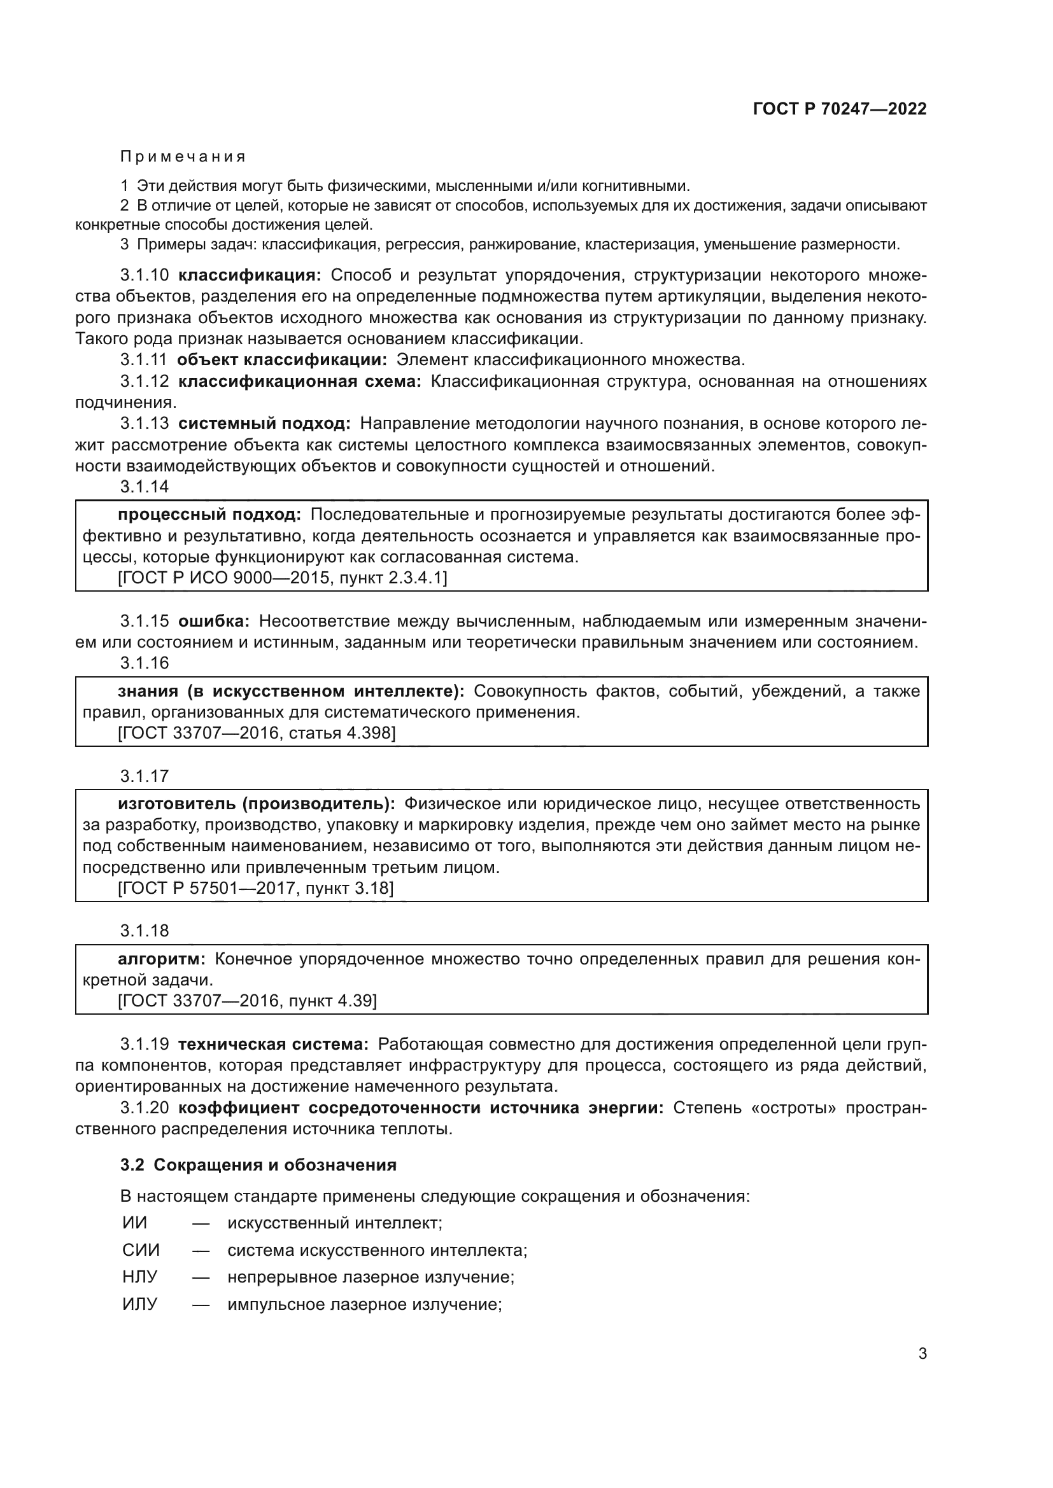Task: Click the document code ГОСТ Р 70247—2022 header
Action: [x=840, y=109]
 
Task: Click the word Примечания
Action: [x=183, y=157]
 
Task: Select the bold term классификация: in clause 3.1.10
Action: [x=250, y=275]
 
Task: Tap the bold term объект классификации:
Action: [x=282, y=359]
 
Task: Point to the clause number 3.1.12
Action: [x=145, y=381]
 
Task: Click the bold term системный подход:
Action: [x=265, y=424]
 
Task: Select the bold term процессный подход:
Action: [x=209, y=515]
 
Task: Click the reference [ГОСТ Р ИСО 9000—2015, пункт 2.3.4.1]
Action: [x=283, y=578]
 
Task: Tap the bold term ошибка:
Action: [x=214, y=622]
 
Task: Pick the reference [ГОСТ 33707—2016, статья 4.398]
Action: [x=257, y=733]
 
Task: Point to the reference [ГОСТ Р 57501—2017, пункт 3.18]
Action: [x=255, y=889]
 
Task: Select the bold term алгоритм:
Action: [x=162, y=959]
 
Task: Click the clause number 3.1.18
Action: [x=145, y=931]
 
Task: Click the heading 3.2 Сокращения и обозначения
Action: [x=258, y=1165]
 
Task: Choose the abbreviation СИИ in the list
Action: [x=141, y=1250]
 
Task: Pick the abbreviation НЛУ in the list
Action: [x=140, y=1277]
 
